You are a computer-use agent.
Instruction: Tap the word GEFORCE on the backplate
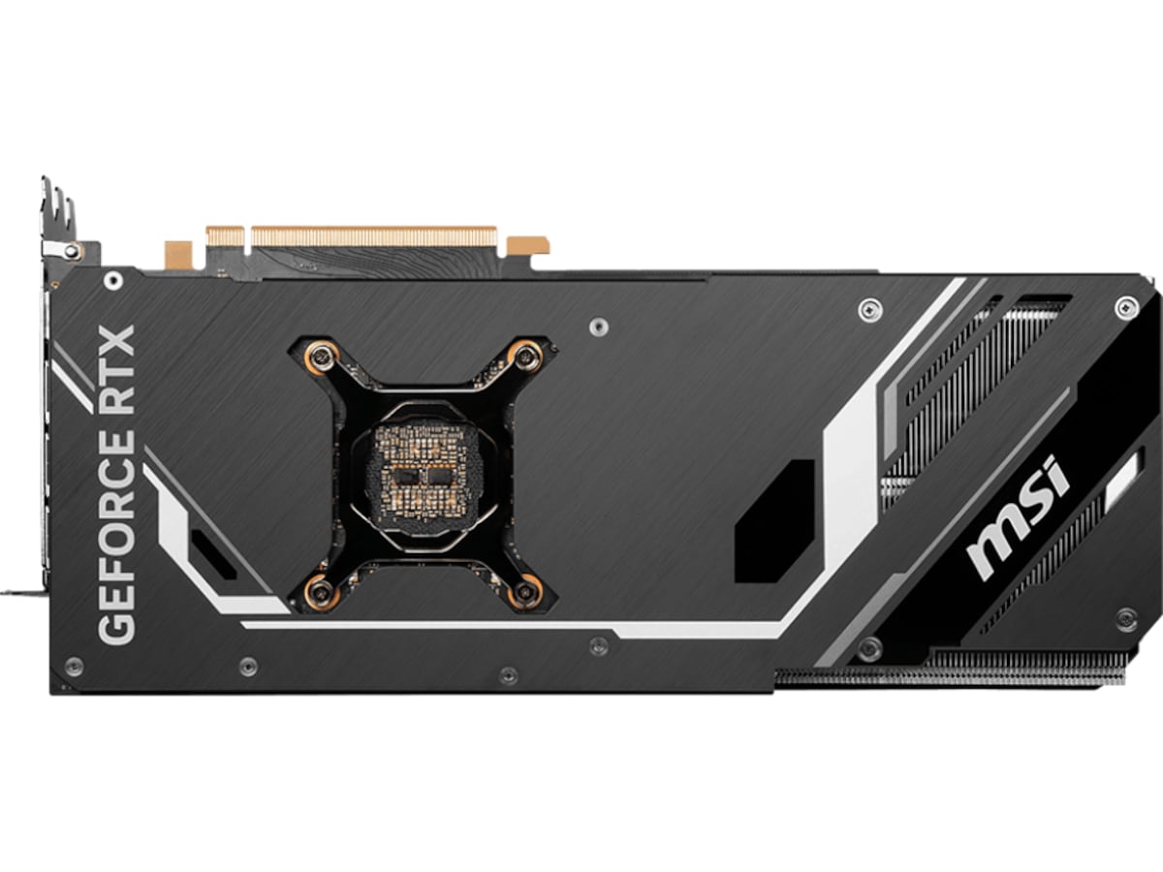pyautogui.click(x=117, y=536)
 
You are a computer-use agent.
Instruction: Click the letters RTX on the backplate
pyautogui.click(x=117, y=370)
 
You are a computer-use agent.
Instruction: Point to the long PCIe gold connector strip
pyautogui.click(x=374, y=236)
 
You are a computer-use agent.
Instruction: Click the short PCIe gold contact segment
pyautogui.click(x=225, y=236)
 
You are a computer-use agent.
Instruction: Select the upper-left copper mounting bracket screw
pyautogui.click(x=320, y=358)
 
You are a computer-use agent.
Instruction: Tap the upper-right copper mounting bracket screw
pyautogui.click(x=524, y=357)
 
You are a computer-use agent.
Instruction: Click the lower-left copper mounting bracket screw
pyautogui.click(x=320, y=591)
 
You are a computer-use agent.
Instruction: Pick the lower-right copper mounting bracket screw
pyautogui.click(x=524, y=592)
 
